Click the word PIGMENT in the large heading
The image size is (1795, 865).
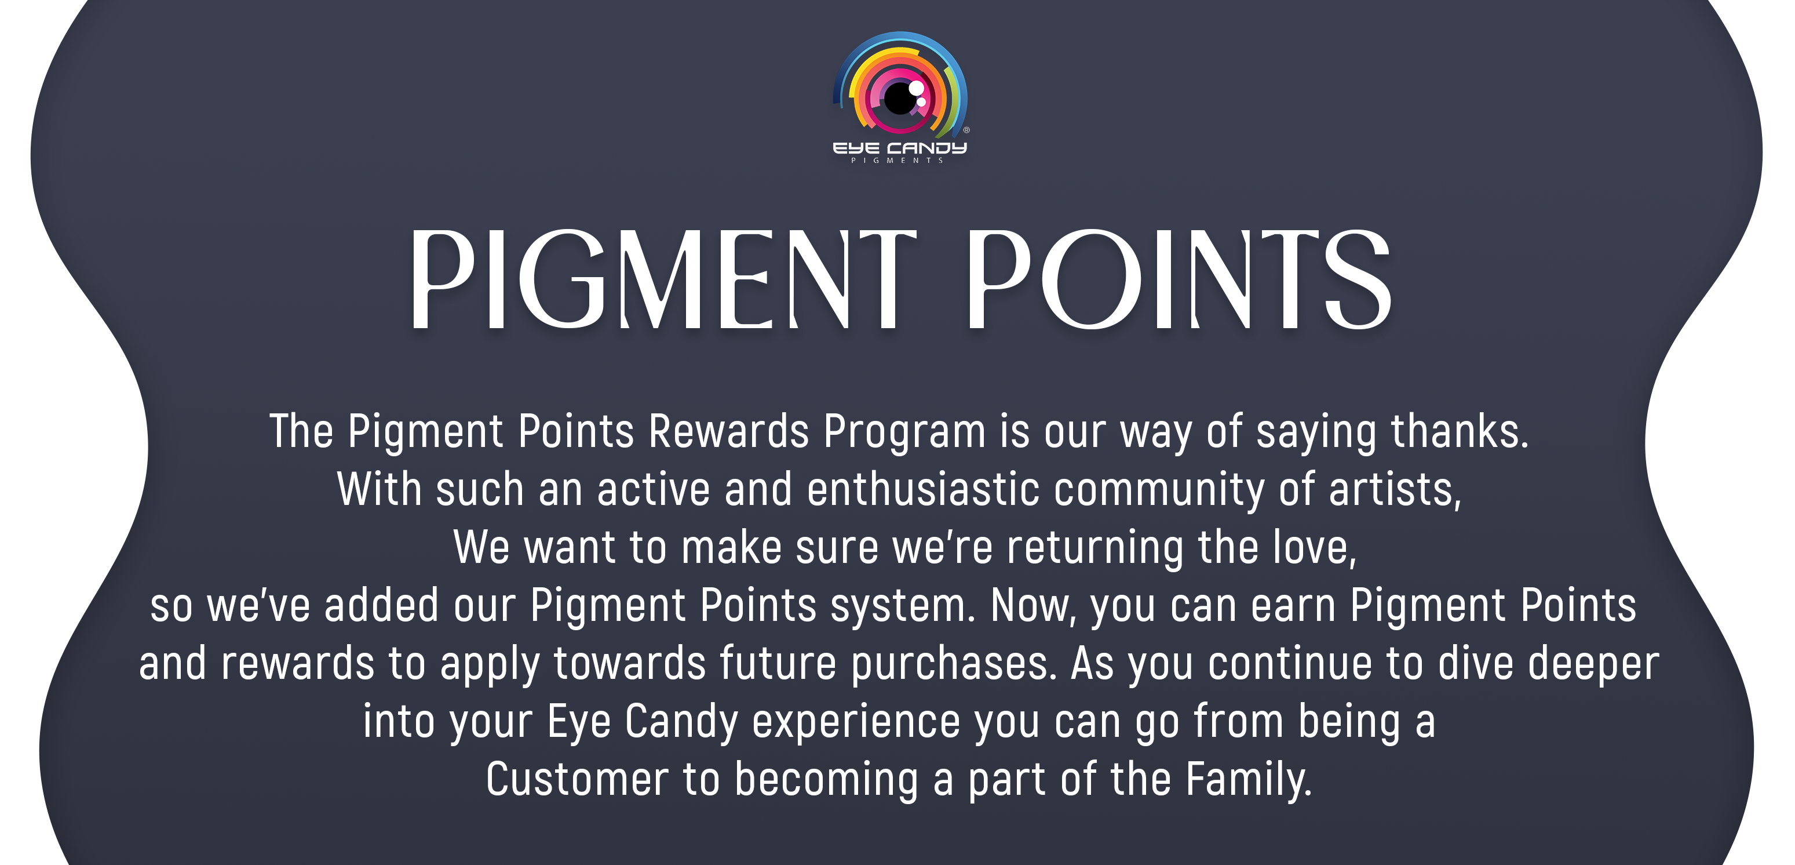click(x=663, y=279)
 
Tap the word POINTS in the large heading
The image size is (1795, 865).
click(x=1179, y=279)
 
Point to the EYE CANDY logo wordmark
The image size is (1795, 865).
click(x=900, y=148)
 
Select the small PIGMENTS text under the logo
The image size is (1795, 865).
click(x=897, y=161)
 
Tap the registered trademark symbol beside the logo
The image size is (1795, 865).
click(x=966, y=130)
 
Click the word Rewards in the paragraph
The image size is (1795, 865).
click(x=728, y=431)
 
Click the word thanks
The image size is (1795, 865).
click(x=1459, y=431)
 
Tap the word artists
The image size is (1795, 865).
click(x=1394, y=490)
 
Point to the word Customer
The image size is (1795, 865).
click(x=577, y=779)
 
